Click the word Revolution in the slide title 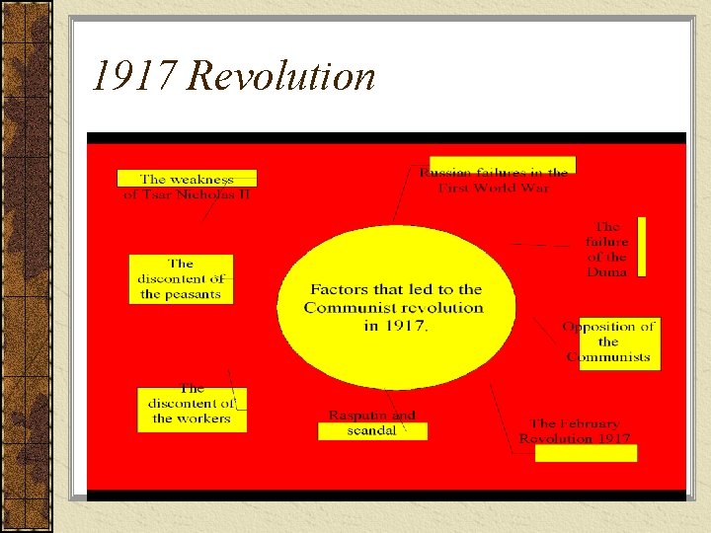tap(281, 76)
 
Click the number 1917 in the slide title tap(133, 76)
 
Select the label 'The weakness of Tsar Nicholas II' tap(187, 187)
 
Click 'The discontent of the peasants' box tap(181, 279)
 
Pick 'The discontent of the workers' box tap(192, 404)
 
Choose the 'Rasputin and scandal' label tap(372, 422)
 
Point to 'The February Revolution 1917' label tap(575, 430)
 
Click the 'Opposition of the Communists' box tap(609, 342)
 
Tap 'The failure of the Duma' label tap(606, 249)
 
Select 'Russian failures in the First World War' tap(494, 180)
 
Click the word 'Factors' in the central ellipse tap(339, 290)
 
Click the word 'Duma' tap(606, 271)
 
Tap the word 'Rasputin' tap(357, 416)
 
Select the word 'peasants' tap(181, 294)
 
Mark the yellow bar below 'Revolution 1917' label tap(586, 453)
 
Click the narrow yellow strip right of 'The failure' tap(640, 247)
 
